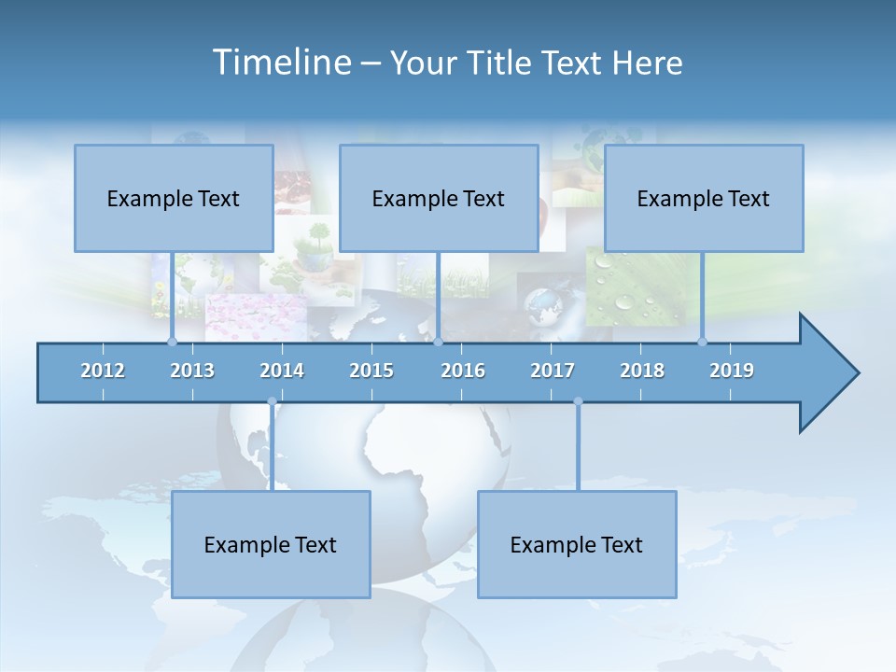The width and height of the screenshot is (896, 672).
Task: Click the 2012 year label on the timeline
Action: tap(103, 371)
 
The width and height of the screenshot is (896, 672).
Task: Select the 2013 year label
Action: tap(192, 371)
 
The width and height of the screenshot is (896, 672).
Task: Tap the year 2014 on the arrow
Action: tap(282, 371)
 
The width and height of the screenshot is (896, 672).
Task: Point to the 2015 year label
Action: tap(371, 371)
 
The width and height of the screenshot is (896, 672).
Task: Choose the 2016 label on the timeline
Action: tap(463, 371)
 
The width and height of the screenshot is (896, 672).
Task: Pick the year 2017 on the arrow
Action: tap(553, 371)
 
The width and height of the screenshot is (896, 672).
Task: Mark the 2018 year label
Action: tap(642, 371)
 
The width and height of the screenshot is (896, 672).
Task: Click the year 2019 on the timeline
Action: tap(732, 371)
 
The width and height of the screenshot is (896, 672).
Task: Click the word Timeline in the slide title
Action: tap(280, 63)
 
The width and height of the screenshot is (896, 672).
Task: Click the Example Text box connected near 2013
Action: tap(174, 198)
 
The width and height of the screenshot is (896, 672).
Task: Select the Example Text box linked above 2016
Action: tap(439, 198)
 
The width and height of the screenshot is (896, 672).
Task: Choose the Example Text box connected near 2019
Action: tap(704, 198)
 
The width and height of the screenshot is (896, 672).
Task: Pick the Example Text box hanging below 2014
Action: tap(271, 544)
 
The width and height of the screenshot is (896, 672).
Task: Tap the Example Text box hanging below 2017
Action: tap(577, 544)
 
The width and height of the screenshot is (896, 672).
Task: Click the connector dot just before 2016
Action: tap(438, 342)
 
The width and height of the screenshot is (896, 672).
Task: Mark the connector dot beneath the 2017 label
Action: tap(578, 402)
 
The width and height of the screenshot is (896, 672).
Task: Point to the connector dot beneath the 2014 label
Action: tap(272, 402)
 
